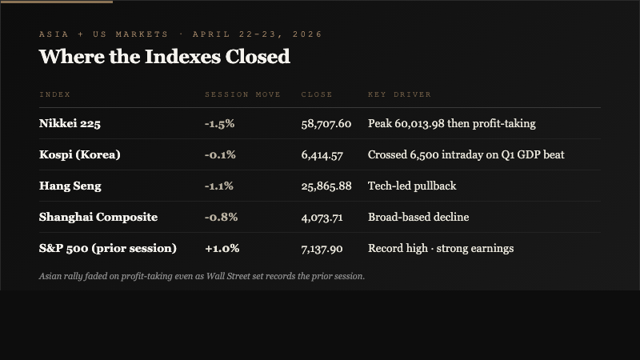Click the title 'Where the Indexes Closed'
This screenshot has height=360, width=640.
click(x=164, y=57)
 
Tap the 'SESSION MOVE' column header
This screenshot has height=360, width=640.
click(x=242, y=94)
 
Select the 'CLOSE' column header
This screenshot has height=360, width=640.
click(x=316, y=94)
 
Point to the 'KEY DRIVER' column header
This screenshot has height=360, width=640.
click(x=399, y=94)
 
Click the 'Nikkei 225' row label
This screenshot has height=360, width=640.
click(x=70, y=124)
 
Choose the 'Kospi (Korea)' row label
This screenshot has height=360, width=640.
click(x=79, y=155)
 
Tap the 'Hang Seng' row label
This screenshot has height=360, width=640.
click(x=70, y=186)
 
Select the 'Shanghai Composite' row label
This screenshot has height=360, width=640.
click(x=98, y=218)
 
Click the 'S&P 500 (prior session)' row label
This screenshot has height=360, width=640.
click(x=107, y=249)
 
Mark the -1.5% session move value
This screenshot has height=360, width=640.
click(x=219, y=124)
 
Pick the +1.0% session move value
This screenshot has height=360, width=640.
click(x=222, y=249)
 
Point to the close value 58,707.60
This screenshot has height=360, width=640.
click(x=326, y=124)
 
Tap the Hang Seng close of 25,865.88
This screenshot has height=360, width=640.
click(x=326, y=186)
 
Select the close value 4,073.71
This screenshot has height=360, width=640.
click(x=322, y=218)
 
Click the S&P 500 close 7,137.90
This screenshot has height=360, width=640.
click(x=322, y=249)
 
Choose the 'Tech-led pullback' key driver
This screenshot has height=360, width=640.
click(x=411, y=186)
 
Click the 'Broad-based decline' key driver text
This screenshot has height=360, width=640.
click(x=418, y=218)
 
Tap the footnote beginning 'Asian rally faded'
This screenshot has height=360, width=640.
click(x=201, y=276)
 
